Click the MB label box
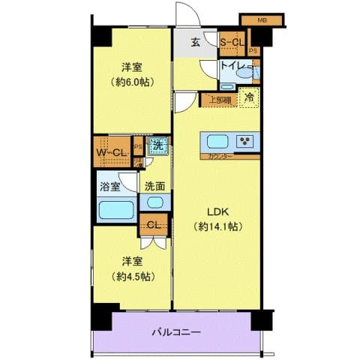tap(263, 20)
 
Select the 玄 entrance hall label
tap(194, 42)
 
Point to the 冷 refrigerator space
tap(248, 97)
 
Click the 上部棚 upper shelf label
tap(219, 97)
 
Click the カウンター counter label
tap(220, 157)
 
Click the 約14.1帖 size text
tap(218, 226)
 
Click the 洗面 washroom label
tap(154, 185)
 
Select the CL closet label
tap(153, 223)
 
